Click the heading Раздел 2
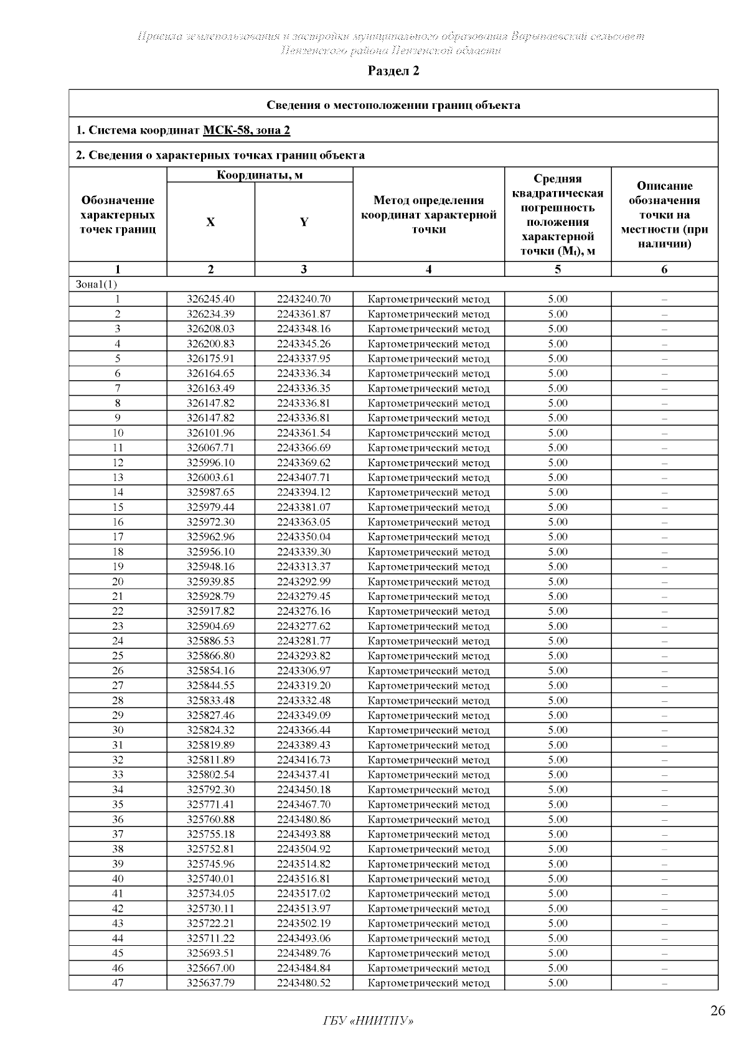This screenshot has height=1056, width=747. [x=393, y=71]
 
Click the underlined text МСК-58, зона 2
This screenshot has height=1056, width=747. [x=247, y=130]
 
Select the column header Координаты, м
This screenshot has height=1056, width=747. [x=260, y=175]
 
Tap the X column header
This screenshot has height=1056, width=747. [x=210, y=222]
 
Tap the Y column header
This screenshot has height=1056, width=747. [x=304, y=222]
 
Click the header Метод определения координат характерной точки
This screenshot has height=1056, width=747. [x=428, y=215]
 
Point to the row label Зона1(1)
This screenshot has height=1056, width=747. [x=96, y=284]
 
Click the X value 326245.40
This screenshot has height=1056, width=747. [x=210, y=299]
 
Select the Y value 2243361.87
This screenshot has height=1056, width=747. [x=304, y=314]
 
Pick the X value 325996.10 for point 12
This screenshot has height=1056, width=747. [x=210, y=463]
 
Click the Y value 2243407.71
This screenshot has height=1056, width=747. [x=304, y=478]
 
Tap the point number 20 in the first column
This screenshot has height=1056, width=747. [x=118, y=582]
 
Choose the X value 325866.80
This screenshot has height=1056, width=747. [x=210, y=656]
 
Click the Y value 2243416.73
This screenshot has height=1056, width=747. [x=304, y=760]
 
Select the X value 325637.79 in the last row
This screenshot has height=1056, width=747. [x=210, y=983]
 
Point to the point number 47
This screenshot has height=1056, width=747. [x=118, y=983]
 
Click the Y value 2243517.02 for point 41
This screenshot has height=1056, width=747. [x=304, y=894]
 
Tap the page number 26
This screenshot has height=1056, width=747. [x=717, y=1011]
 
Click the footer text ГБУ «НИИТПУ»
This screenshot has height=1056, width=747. [x=368, y=1021]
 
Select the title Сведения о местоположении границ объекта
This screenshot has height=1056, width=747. [x=393, y=105]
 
